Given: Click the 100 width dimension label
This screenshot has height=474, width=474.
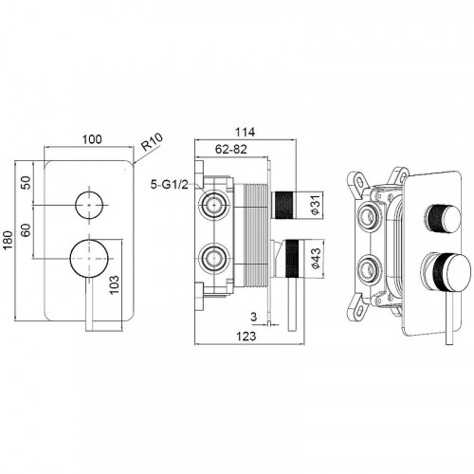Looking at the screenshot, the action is click(92, 139).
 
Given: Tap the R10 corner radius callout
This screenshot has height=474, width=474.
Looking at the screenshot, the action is click(152, 141).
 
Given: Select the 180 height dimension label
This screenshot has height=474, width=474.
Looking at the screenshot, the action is click(8, 240).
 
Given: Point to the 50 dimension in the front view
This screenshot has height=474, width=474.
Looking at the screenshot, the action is click(27, 183).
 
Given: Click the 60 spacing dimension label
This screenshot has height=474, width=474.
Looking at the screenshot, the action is click(27, 230).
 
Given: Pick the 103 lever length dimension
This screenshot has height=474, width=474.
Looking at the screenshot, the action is click(114, 284).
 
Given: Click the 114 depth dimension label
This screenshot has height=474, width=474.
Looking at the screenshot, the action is click(245, 132).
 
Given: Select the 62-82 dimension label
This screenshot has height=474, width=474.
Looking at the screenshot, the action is click(230, 149).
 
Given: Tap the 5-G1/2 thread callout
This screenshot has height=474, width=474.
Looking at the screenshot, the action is click(169, 184).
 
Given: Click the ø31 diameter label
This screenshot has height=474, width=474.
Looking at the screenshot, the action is click(316, 205).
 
